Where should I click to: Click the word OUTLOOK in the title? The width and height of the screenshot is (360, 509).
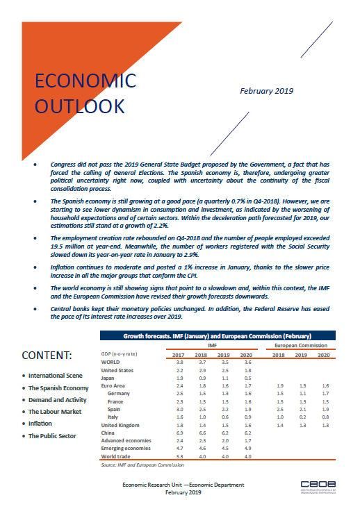80,106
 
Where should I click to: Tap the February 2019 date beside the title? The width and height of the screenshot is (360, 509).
266,91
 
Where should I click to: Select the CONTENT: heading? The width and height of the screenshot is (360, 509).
47,355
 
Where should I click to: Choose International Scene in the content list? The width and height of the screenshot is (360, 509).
56,376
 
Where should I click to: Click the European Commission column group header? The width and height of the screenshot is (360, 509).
302,344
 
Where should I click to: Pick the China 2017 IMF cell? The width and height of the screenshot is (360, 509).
179,433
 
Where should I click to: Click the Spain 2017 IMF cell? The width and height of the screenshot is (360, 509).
179,410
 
